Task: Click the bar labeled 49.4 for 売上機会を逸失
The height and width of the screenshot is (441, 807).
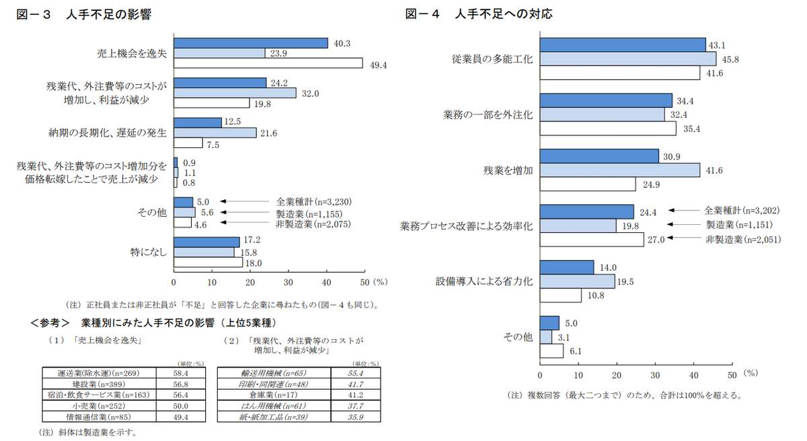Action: [x=268, y=64]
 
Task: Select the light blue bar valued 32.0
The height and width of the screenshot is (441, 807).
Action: [x=235, y=93]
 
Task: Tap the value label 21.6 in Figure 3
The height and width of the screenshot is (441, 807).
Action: [x=269, y=133]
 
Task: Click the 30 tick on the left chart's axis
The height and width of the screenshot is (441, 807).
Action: [x=289, y=281]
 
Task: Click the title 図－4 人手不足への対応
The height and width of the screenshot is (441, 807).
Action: [x=478, y=13]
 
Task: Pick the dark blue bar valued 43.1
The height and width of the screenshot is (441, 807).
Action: [x=623, y=44]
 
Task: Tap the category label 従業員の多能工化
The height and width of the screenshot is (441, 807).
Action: [x=492, y=59]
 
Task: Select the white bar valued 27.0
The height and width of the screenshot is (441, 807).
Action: [x=592, y=239]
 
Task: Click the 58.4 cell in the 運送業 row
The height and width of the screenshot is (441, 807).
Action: [x=180, y=372]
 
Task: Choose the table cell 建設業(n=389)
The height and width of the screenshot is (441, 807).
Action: [x=98, y=383]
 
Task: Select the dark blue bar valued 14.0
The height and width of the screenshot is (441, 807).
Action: [x=567, y=267]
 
